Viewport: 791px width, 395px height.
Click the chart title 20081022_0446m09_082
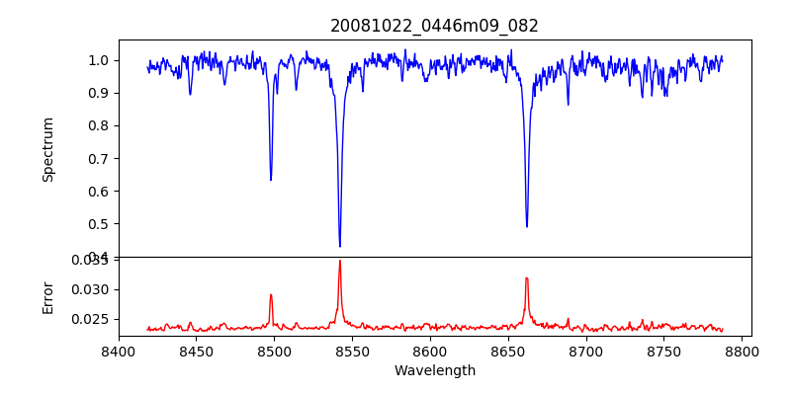coord(434,26)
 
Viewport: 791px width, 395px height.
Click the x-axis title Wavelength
coord(434,371)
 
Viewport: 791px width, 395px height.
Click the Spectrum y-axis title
coord(48,149)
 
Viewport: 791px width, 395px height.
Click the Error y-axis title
coord(48,296)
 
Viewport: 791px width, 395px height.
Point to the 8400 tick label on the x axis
coord(119,351)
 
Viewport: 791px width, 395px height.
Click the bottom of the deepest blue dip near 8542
coord(339,246)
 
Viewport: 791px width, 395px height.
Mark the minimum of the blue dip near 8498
coord(271,180)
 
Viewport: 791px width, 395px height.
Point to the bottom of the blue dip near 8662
coord(526,226)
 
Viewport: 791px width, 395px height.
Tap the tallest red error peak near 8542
coord(339,261)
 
